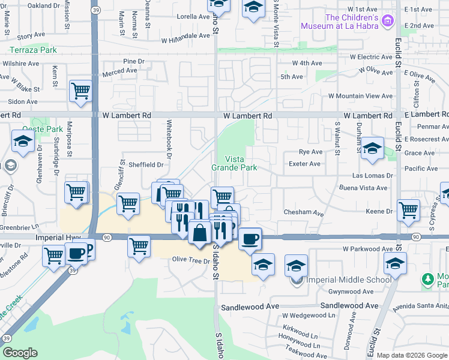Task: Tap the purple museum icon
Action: (388, 22)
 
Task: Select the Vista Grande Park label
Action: (234, 163)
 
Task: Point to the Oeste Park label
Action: (43, 129)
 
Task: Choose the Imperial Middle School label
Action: (341, 280)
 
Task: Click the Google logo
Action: (20, 353)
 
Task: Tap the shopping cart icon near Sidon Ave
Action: (80, 91)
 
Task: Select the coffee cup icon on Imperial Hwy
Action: (250, 238)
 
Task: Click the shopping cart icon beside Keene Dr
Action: (408, 210)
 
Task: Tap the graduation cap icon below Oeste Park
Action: (23, 142)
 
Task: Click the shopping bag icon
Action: (199, 230)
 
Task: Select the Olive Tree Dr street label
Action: (191, 261)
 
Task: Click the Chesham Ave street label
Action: (304, 214)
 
